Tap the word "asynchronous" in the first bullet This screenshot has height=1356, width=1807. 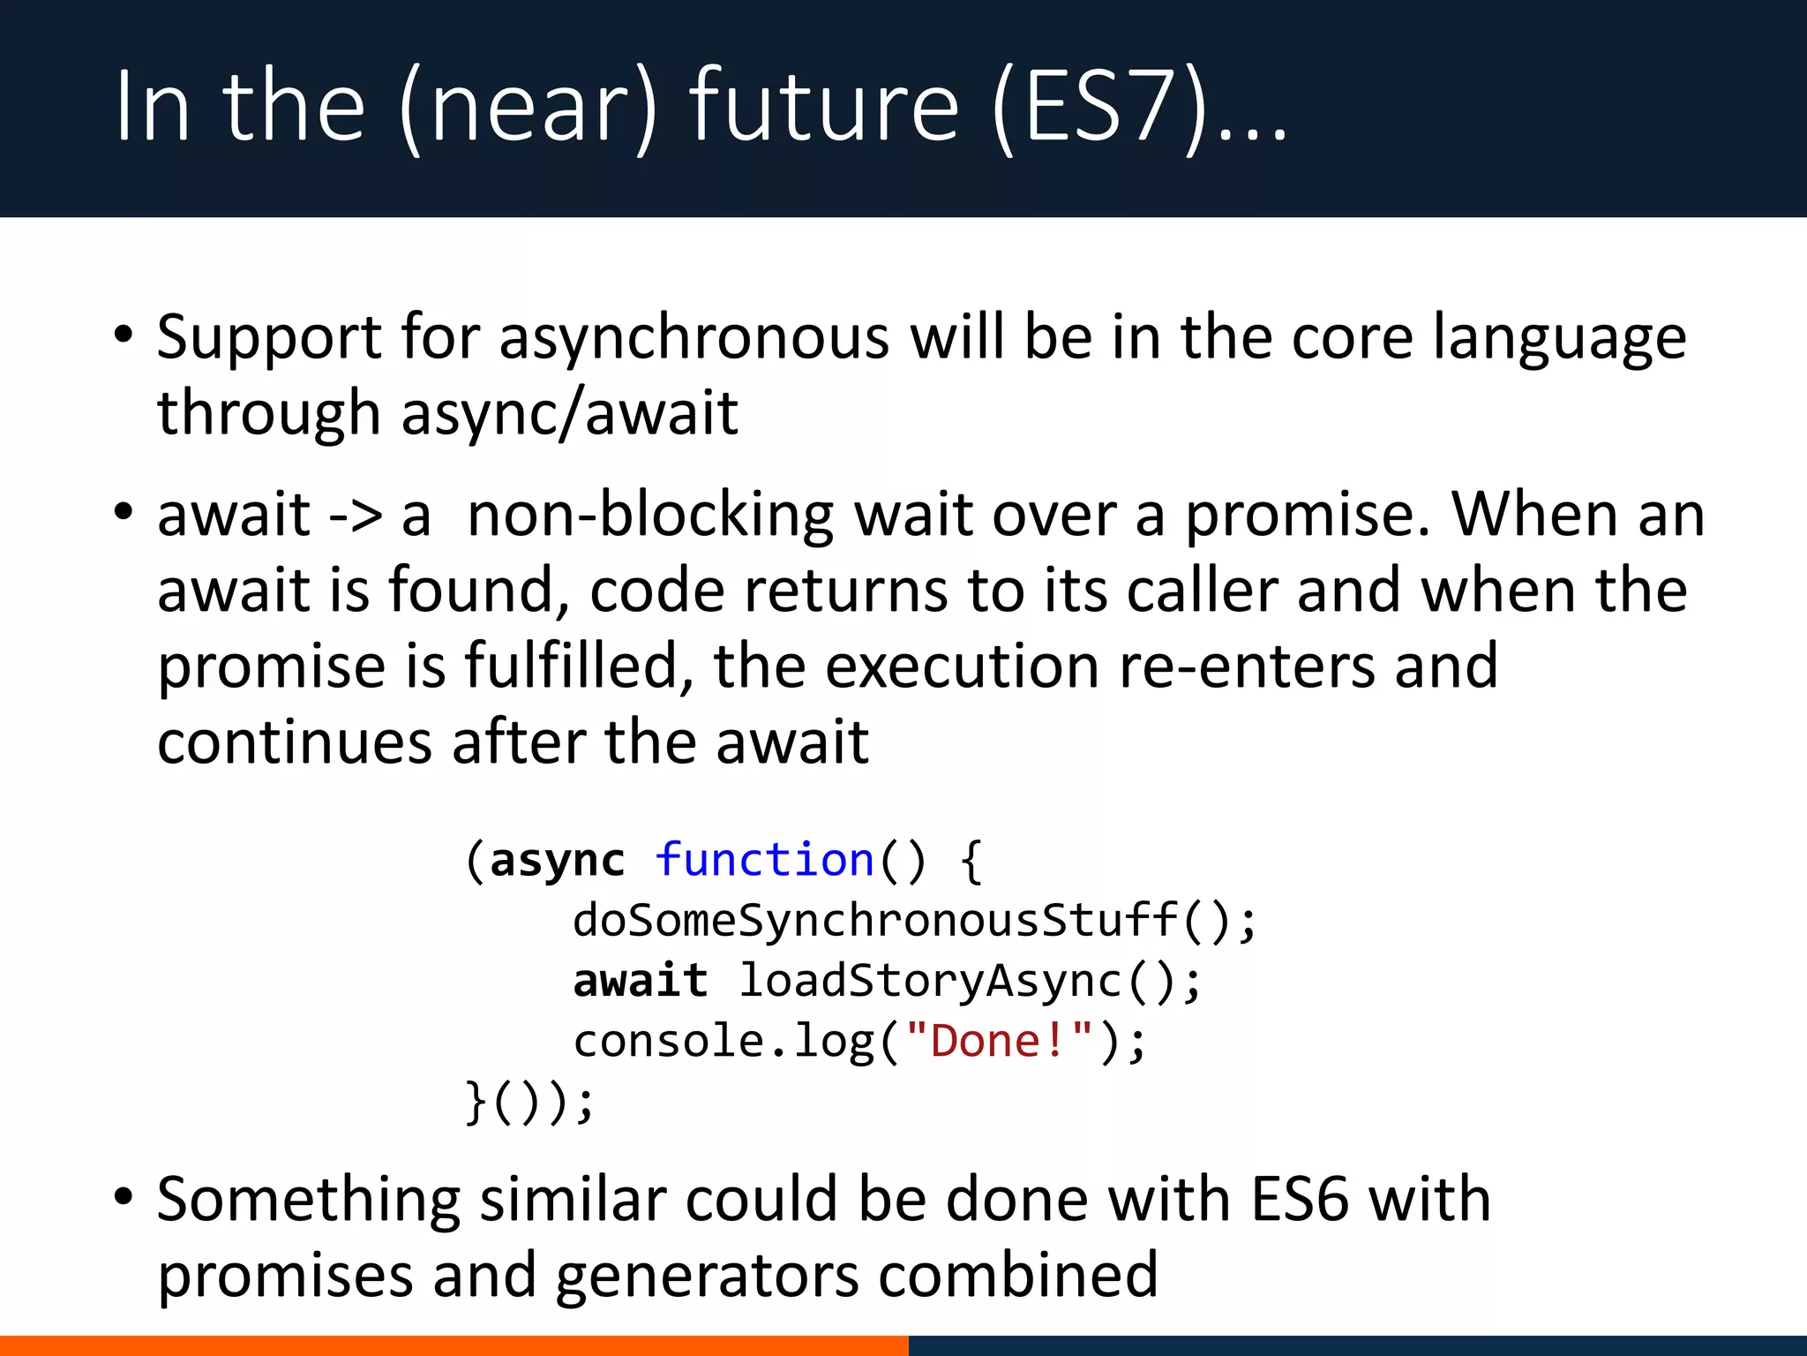pyautogui.click(x=694, y=338)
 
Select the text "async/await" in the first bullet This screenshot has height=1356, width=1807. pyautogui.click(x=569, y=413)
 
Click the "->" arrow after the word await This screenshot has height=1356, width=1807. pyautogui.click(x=355, y=516)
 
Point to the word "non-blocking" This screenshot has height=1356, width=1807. pyautogui.click(x=649, y=516)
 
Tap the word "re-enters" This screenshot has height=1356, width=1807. pyautogui.click(x=1246, y=667)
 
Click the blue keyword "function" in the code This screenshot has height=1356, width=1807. pyautogui.click(x=764, y=860)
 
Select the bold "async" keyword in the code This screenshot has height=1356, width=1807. pyautogui.click(x=557, y=862)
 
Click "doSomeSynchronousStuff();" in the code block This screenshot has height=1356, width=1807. pyautogui.click(x=914, y=921)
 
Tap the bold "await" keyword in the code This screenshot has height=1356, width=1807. pyautogui.click(x=640, y=981)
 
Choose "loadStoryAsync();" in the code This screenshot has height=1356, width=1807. pyautogui.click(x=970, y=982)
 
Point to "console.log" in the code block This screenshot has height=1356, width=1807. pyautogui.click(x=723, y=1043)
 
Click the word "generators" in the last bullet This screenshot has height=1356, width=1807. pyautogui.click(x=707, y=1277)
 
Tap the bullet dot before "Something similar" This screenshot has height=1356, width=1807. pyautogui.click(x=124, y=1198)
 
